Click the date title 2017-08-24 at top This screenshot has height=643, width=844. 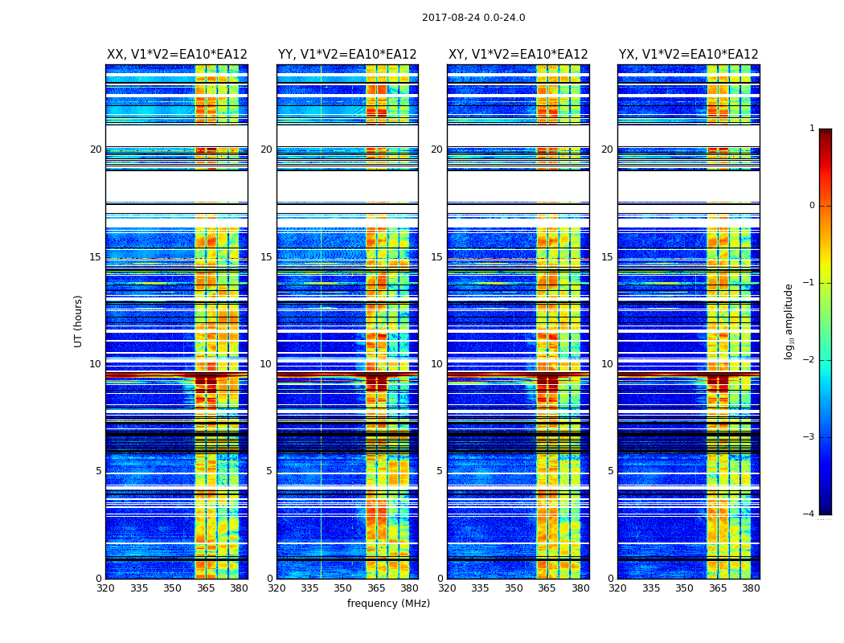point(473,18)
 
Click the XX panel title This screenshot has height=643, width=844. point(177,55)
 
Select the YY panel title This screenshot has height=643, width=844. point(347,55)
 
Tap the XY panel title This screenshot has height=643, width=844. point(518,55)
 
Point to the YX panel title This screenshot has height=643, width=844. point(688,55)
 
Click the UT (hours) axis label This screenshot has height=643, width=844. point(79,321)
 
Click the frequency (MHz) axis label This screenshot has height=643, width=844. point(388,604)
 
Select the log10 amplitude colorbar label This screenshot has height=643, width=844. point(789,321)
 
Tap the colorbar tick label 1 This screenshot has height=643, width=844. point(812,129)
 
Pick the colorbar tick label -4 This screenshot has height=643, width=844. point(809,514)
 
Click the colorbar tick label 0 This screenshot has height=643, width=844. point(812,206)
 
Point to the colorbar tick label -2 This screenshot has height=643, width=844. point(809,360)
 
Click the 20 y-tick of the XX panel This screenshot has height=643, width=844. point(96,149)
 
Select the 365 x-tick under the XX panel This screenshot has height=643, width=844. point(206,588)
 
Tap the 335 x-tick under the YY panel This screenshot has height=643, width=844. point(310,588)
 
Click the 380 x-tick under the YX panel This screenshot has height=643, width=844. point(751,588)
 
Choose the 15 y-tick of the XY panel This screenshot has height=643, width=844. point(436,257)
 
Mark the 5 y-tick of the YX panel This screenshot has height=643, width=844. point(610,471)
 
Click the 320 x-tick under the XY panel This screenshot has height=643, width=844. point(448,588)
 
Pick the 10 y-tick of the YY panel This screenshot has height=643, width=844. point(266,364)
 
